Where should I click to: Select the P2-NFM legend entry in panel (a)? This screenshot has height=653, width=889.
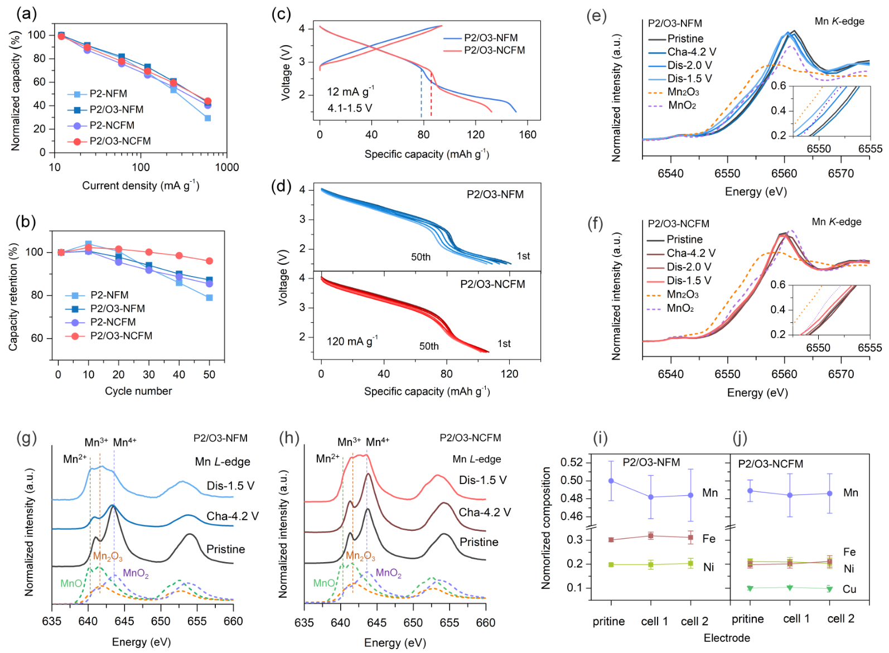point(108,94)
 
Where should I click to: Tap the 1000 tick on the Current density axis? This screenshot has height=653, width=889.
point(227,167)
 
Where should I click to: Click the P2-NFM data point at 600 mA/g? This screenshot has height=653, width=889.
point(207,118)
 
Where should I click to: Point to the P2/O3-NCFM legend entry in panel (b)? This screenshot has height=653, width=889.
point(121,336)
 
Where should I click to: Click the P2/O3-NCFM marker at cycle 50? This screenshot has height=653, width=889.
point(209,261)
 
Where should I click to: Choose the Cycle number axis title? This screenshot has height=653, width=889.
point(138,391)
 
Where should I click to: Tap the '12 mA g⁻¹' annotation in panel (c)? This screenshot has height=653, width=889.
point(350,91)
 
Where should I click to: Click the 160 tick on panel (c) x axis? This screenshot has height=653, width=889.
point(528,134)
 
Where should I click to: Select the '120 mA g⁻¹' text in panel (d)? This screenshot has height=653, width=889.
point(352,341)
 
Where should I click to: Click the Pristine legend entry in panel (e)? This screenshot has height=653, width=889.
point(685,38)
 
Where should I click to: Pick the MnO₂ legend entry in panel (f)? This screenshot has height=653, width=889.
point(680,308)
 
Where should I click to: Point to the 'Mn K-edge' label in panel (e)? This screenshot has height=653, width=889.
point(839,21)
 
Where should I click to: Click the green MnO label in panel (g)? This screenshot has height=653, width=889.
point(71,583)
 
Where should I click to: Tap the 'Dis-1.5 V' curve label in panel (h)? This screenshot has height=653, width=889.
point(482,480)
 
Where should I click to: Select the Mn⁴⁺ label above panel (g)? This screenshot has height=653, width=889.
point(124,442)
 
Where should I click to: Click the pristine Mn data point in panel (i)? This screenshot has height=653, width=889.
point(611,481)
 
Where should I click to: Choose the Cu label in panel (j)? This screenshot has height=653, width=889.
point(849,589)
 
